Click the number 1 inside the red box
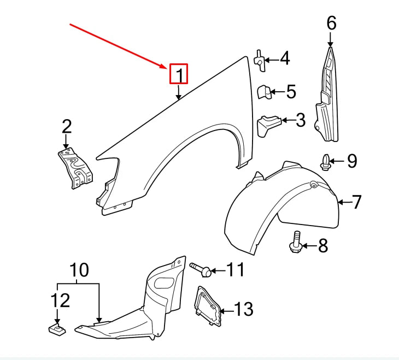click(x=179, y=75)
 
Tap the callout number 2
click(x=66, y=127)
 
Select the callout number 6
click(x=331, y=23)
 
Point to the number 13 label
click(x=243, y=310)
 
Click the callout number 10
click(x=79, y=270)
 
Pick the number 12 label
click(x=61, y=300)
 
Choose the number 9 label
click(x=351, y=161)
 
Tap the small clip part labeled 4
click(x=260, y=60)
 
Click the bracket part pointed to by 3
click(x=268, y=125)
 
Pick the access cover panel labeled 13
click(x=207, y=306)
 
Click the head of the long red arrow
click(x=167, y=68)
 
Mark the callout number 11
click(x=235, y=269)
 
